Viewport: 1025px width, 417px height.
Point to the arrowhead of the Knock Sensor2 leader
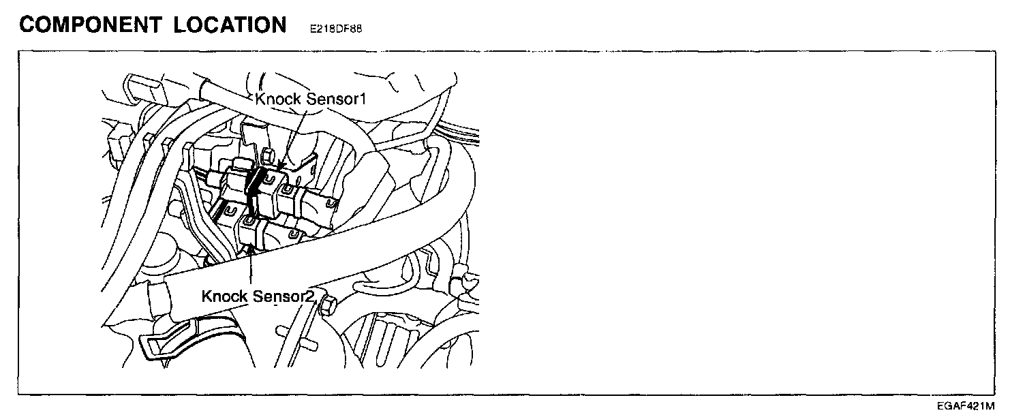251,250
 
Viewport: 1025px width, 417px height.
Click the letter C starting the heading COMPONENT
28,25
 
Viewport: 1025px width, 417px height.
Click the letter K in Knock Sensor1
260,99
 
